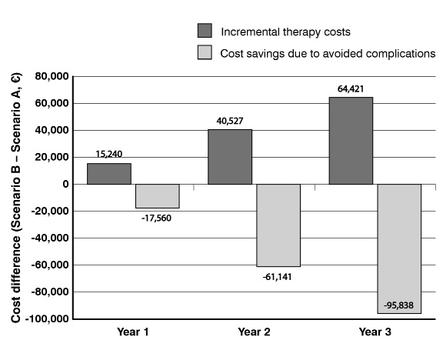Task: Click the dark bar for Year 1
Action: point(109,174)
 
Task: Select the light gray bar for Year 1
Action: point(158,196)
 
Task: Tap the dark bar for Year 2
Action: point(230,157)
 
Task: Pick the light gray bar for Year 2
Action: point(278,225)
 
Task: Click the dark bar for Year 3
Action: point(351,141)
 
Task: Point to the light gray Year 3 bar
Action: point(399,248)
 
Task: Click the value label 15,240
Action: point(109,154)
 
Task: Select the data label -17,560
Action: point(156,218)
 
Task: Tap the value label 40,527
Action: point(230,121)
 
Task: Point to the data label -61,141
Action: point(277,277)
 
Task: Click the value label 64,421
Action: point(351,89)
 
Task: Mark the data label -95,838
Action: point(398,305)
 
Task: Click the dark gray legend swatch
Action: point(205,31)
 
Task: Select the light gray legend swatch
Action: point(205,52)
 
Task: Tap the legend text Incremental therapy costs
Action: point(285,32)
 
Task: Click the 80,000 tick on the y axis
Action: point(52,76)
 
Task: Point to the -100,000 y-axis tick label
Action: point(47,318)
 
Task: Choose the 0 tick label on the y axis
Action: point(65,185)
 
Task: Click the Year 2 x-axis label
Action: point(254,332)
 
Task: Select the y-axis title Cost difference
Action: point(16,279)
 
